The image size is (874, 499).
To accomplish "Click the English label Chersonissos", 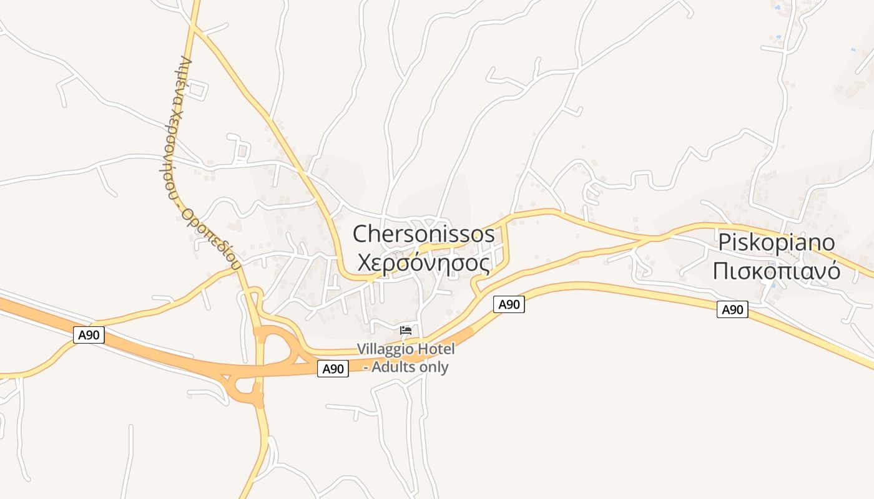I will point(423,235).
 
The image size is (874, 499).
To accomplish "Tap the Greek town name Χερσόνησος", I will point(423,264).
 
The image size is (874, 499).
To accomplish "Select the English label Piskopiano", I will point(777,242).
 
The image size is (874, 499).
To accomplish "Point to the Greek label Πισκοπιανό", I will point(777,271).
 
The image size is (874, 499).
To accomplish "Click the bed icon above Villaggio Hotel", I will point(406,329).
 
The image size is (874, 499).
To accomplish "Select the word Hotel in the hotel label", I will point(437,349).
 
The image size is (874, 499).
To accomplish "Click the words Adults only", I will point(410,367).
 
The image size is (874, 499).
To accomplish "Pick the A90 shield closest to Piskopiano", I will point(732,309).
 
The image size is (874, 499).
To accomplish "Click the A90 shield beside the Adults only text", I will point(333,369).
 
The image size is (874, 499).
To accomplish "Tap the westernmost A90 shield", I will point(89,335).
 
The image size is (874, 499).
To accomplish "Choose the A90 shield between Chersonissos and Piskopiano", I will point(509,304).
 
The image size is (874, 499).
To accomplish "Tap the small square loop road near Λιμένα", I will point(195,90).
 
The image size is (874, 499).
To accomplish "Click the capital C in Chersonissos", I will point(361,235).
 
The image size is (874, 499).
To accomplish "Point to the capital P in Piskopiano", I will point(725,242).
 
